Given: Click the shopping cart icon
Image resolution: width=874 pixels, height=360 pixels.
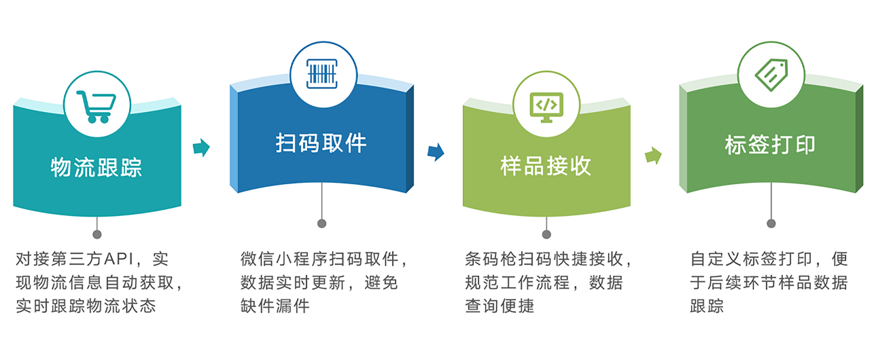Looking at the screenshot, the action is (97, 107).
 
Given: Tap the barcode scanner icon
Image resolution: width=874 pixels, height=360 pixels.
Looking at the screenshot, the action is (322, 74).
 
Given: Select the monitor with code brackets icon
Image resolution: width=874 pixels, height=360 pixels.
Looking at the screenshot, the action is (546, 107).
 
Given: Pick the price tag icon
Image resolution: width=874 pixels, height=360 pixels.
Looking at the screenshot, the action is (771, 75).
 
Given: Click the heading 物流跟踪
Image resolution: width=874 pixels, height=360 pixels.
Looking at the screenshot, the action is (97, 167).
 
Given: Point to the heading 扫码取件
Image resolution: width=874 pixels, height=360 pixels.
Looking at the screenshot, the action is (321, 143).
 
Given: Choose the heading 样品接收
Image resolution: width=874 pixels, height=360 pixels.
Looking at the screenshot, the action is (546, 166).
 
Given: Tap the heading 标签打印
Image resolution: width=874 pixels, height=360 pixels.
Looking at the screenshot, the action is (770, 145).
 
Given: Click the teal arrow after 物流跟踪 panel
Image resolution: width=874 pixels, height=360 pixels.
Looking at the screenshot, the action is (201, 147).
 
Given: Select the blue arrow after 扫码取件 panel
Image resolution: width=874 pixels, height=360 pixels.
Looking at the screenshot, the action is (436, 151).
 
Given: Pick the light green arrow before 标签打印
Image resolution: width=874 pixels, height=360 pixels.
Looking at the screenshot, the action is (653, 156).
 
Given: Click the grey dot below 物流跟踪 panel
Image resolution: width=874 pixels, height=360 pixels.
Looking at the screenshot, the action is (97, 234).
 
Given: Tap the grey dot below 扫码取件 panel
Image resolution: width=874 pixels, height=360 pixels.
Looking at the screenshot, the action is (322, 223).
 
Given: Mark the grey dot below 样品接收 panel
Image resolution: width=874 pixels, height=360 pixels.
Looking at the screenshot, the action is (546, 234).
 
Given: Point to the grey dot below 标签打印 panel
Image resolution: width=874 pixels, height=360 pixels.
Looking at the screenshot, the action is (771, 223).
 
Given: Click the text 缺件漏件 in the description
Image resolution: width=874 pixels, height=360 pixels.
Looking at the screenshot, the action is (275, 306).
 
